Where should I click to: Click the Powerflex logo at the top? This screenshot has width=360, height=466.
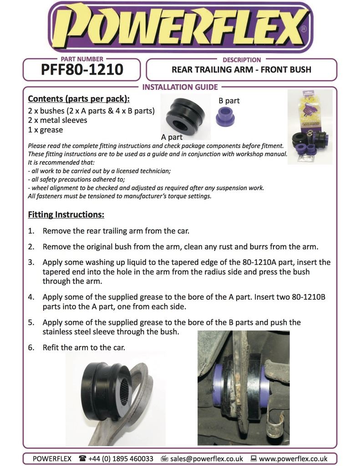[180, 27]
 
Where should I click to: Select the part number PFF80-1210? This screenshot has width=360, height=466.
[82, 70]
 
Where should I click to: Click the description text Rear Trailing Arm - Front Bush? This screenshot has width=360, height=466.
[241, 70]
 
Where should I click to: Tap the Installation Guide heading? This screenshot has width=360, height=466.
[180, 87]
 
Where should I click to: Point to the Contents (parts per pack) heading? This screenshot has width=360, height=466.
[78, 99]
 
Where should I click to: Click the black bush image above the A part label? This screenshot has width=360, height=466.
[187, 117]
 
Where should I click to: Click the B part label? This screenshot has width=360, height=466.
[229, 101]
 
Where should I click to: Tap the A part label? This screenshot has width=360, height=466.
[172, 137]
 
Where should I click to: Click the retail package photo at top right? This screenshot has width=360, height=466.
[310, 126]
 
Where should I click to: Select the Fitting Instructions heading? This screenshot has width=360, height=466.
[66, 214]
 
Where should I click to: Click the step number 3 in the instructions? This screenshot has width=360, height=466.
[31, 263]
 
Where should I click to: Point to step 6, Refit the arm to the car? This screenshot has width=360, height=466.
[84, 347]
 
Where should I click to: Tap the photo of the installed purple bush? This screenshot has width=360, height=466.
[243, 387]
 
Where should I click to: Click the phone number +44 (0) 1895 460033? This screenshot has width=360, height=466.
[121, 459]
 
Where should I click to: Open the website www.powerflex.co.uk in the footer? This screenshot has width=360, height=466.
[293, 459]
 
